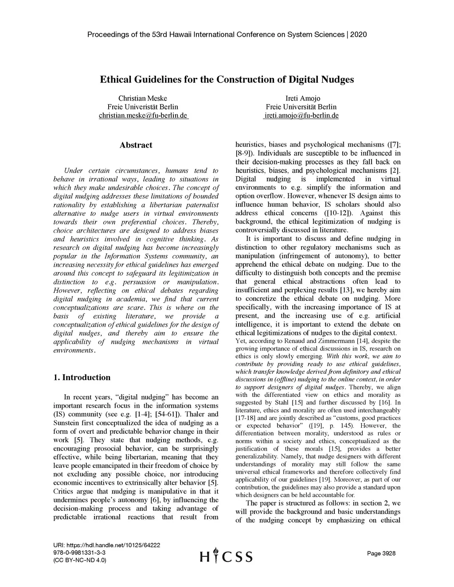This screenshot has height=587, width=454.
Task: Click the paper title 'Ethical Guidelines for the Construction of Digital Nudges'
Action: point(227,80)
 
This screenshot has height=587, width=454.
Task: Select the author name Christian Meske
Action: point(143,98)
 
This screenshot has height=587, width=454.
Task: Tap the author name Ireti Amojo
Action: point(302,98)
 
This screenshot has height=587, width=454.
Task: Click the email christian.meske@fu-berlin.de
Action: point(143,116)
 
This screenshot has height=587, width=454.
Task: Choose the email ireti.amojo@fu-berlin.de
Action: point(301,116)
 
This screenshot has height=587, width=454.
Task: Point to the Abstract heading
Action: point(136,145)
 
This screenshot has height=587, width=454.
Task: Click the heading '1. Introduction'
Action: point(82,377)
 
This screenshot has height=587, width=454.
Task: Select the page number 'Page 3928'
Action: point(381,553)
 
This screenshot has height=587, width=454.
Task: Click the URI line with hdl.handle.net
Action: point(106,545)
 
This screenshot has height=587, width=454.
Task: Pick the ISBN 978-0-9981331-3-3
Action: point(79,552)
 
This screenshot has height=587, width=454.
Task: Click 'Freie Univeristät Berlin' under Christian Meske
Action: point(143,107)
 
